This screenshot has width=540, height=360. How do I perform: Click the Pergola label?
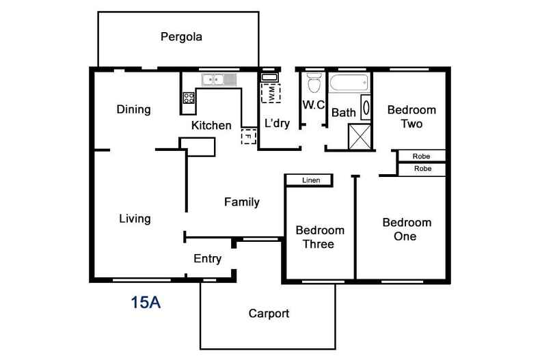(x=181, y=37)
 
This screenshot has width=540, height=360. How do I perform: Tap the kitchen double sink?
(x=219, y=80)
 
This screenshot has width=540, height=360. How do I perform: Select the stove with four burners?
(x=189, y=98)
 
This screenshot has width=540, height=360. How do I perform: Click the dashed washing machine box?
(x=271, y=94)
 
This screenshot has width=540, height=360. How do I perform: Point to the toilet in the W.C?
(x=314, y=83)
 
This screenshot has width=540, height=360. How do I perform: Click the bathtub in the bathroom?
(x=349, y=83)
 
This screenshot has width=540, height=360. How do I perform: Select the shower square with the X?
(x=360, y=137)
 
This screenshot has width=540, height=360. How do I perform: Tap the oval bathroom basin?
(x=366, y=107)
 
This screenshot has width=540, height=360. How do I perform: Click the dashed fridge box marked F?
(x=249, y=137)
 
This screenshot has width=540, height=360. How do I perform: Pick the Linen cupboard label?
(x=311, y=180)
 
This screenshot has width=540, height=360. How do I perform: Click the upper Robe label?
(x=421, y=156)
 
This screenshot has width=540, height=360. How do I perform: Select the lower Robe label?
(x=422, y=169)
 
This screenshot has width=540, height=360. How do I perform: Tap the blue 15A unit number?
(x=146, y=302)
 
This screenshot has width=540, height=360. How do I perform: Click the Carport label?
(x=269, y=314)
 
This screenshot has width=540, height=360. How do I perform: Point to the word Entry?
(x=207, y=258)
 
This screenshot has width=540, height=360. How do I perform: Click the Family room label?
(x=242, y=202)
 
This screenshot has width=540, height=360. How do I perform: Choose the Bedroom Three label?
(x=320, y=237)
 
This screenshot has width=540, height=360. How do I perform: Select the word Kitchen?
(x=211, y=125)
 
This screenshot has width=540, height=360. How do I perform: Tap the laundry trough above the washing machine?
(x=269, y=77)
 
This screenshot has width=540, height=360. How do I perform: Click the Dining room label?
(x=133, y=109)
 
